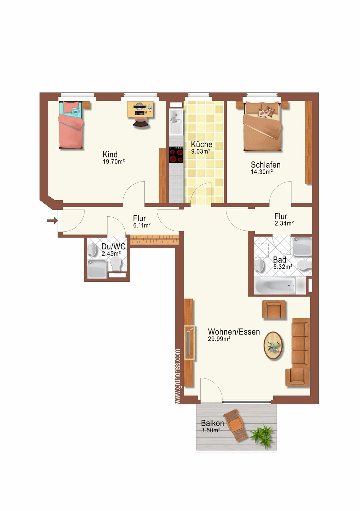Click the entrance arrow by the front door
click(52, 221)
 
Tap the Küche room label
click(202, 144)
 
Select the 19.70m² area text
click(114, 162)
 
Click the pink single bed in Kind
click(71, 125)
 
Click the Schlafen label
click(266, 165)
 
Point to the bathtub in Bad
click(275, 285)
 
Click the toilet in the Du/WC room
click(116, 264)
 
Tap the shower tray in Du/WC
click(97, 268)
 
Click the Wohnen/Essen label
click(234, 332)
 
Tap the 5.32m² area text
click(283, 267)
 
